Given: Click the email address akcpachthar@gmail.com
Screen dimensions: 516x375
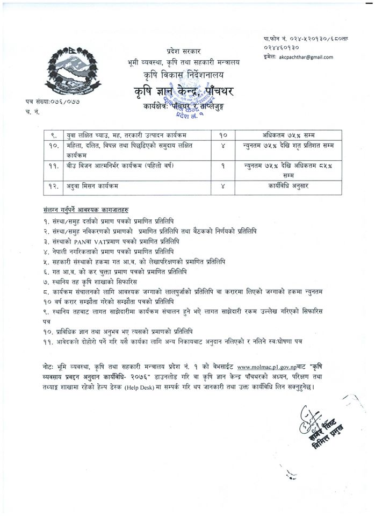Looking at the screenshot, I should coord(306,57).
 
